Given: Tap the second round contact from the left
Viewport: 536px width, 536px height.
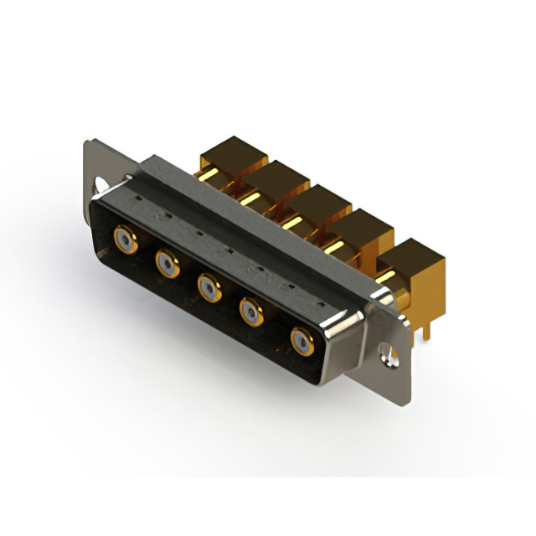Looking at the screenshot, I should (167, 265).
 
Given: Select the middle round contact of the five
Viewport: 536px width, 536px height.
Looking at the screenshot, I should (209, 289).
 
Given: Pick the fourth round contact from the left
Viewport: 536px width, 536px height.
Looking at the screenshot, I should (252, 313).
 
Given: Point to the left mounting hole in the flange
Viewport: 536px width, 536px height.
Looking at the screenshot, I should (100, 183).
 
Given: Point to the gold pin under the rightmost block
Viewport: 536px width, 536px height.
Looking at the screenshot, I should (426, 327).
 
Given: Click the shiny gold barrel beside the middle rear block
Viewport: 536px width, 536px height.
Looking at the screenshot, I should (294, 223).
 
